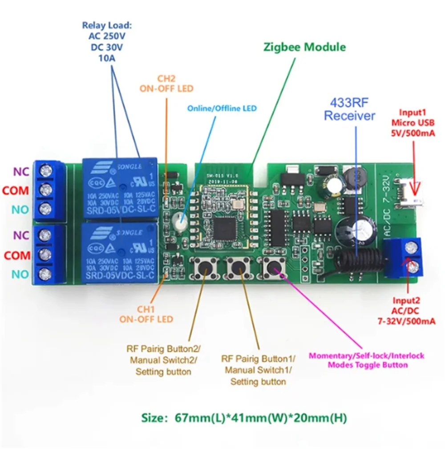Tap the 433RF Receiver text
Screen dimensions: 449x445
click(349, 109)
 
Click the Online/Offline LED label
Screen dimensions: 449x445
click(222, 108)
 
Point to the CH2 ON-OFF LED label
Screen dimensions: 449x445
click(166, 83)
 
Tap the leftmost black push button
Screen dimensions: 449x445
click(205, 268)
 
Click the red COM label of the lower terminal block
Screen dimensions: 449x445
click(16, 255)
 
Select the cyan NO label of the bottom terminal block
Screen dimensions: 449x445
click(20, 275)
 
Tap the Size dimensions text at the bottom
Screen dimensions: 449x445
click(244, 418)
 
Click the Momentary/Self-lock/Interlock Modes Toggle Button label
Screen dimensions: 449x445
click(366, 360)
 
